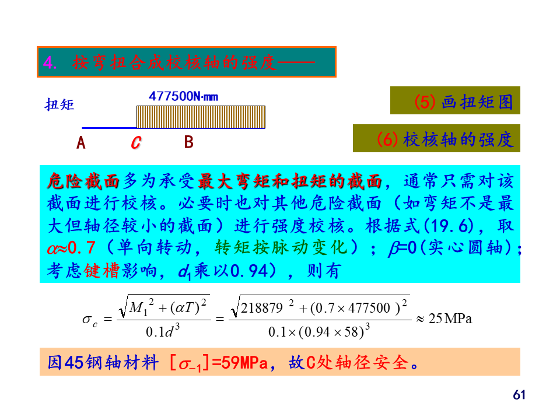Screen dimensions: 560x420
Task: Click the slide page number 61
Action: (x=519, y=395)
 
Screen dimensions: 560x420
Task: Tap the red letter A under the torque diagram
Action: (x=81, y=142)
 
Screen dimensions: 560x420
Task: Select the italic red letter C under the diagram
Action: (x=135, y=142)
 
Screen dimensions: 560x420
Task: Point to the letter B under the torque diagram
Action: (x=188, y=142)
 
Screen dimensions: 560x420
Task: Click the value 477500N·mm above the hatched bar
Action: (x=183, y=96)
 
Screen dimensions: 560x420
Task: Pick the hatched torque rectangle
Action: (x=201, y=117)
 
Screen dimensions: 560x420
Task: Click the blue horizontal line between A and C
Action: (x=108, y=127)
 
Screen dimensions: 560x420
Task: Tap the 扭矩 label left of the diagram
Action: (x=60, y=105)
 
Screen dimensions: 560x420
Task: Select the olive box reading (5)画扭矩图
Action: (x=455, y=102)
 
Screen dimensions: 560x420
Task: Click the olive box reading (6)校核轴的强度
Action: (x=436, y=139)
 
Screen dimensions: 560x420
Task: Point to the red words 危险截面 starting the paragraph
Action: (x=83, y=181)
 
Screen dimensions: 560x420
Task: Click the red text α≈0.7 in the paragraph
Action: (x=71, y=248)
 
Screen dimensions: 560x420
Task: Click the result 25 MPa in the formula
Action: (x=450, y=318)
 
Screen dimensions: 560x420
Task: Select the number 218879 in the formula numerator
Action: (x=261, y=308)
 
